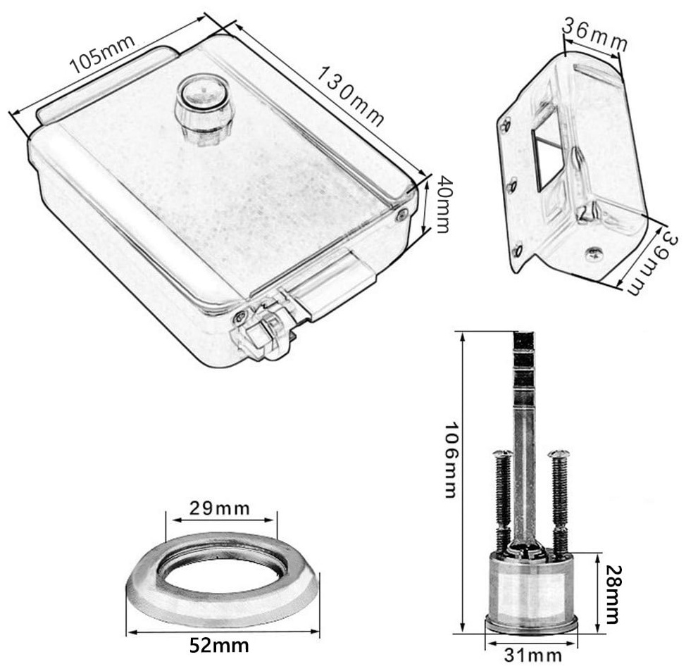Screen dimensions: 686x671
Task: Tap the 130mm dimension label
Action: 350,96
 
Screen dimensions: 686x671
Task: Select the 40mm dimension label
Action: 443,204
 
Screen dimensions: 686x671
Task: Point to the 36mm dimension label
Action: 595,35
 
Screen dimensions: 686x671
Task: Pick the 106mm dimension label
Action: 451,459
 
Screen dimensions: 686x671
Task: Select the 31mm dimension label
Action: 533,656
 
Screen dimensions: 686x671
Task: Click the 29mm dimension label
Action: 220,508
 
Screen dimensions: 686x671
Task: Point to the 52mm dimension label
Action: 220,645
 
